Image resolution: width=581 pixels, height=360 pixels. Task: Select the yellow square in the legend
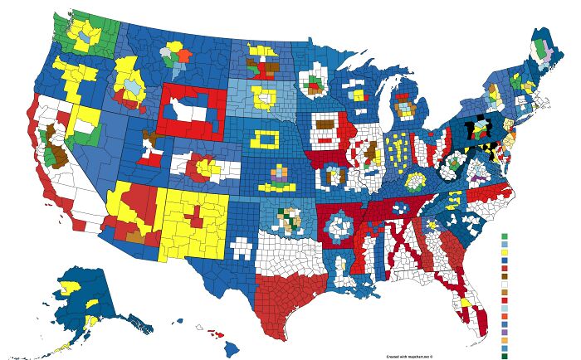(503, 252)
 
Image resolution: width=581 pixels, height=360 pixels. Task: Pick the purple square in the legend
(503, 332)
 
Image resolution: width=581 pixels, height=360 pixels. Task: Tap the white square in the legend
(503, 284)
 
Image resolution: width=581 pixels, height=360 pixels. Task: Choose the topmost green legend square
(503, 236)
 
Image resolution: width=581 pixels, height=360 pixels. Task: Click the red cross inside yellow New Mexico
(193, 216)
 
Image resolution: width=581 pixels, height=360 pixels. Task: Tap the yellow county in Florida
(466, 304)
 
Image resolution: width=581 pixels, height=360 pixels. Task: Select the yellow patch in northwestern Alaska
(71, 285)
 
